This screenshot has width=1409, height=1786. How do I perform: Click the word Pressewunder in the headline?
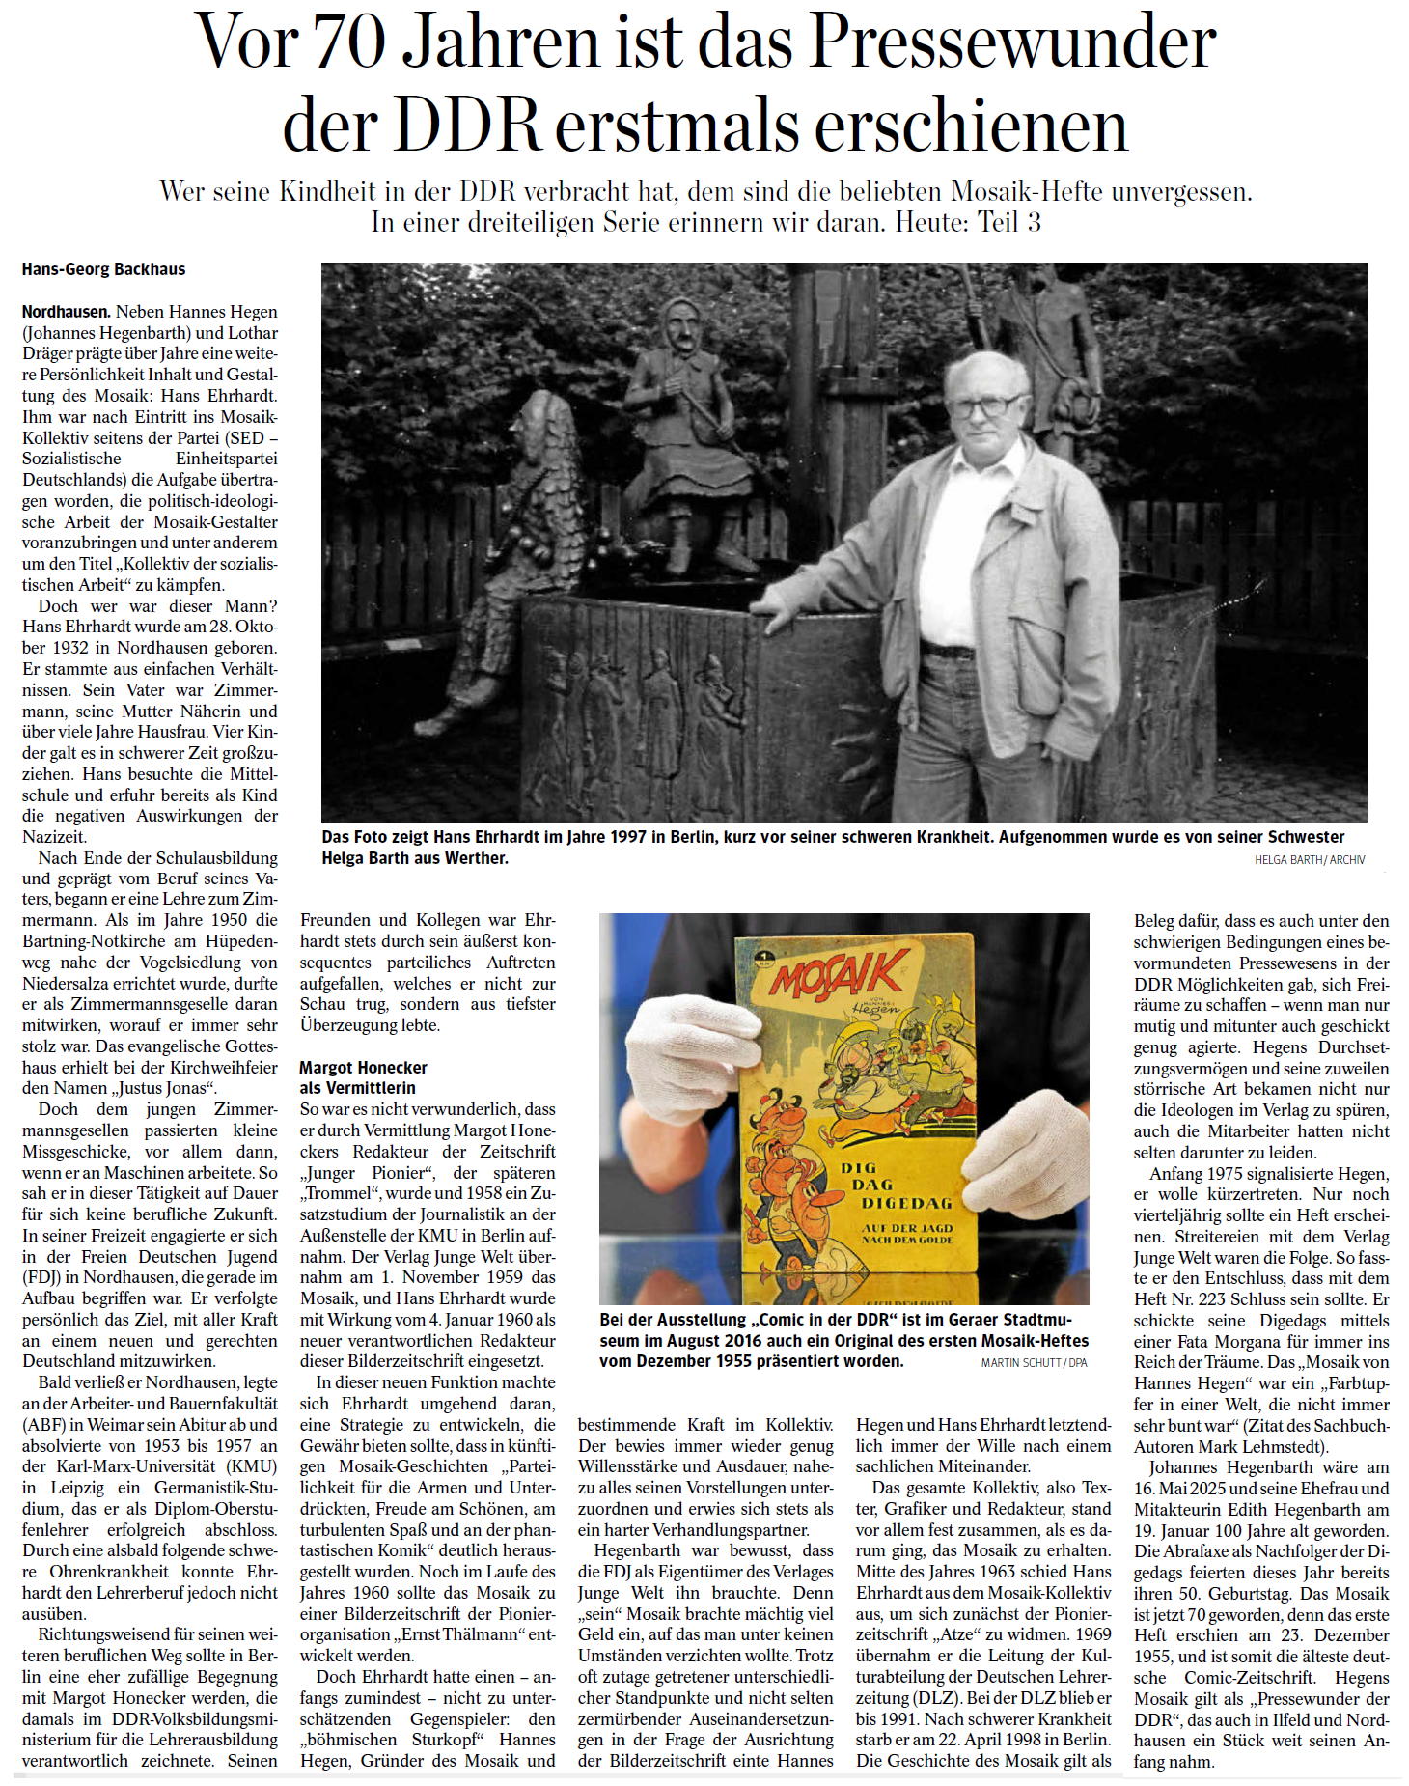1011,43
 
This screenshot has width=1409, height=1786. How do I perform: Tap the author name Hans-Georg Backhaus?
103,270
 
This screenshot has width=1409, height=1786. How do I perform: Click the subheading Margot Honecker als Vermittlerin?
362,1077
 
